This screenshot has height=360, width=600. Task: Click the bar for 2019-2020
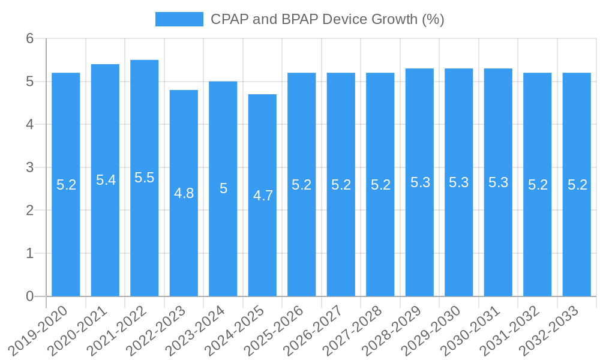click(66, 240)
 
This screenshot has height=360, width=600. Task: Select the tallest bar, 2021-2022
click(145, 240)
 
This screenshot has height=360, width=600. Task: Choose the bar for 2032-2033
click(577, 240)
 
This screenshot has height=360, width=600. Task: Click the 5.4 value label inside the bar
click(106, 180)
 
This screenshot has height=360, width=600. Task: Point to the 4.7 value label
click(263, 196)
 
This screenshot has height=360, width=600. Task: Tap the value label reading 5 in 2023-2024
click(223, 189)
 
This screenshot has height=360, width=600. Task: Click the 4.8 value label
click(184, 193)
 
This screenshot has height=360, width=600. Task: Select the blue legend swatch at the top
click(179, 19)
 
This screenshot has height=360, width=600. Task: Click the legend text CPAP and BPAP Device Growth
click(327, 19)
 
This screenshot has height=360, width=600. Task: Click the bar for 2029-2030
click(459, 240)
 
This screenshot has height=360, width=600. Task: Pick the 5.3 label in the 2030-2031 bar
click(498, 182)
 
